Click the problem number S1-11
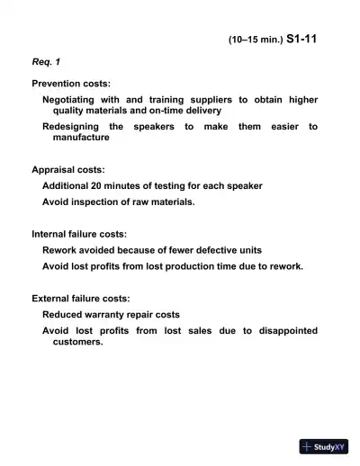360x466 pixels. click(301, 40)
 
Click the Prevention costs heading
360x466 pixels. click(71, 83)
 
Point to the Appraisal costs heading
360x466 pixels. click(67, 169)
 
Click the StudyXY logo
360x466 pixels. click(324, 446)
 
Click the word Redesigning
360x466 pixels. click(71, 127)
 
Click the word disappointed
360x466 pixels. click(280, 331)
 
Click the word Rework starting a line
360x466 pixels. click(60, 250)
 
